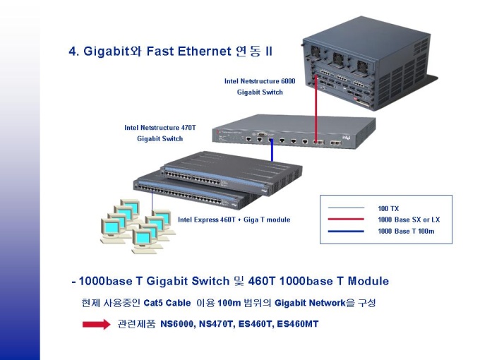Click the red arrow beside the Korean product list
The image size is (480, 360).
[x=97, y=324]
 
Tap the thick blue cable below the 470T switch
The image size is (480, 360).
[x=272, y=150]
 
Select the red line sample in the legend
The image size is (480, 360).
[x=346, y=220]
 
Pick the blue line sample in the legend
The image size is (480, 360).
[x=346, y=231]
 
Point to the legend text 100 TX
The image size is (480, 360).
[x=388, y=208]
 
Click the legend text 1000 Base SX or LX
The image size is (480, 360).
[x=409, y=220]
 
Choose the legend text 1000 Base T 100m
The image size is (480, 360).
[x=406, y=231]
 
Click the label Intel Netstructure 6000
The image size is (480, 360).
[x=260, y=81]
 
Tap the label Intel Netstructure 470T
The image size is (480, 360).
[x=160, y=128]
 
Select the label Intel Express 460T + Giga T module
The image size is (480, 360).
[x=234, y=220]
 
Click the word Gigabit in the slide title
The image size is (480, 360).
[x=106, y=52]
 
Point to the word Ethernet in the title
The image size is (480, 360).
[x=204, y=51]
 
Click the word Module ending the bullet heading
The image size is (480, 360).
[x=368, y=281]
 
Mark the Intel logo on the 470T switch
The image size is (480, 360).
[x=346, y=138]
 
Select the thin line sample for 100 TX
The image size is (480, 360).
[x=346, y=208]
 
